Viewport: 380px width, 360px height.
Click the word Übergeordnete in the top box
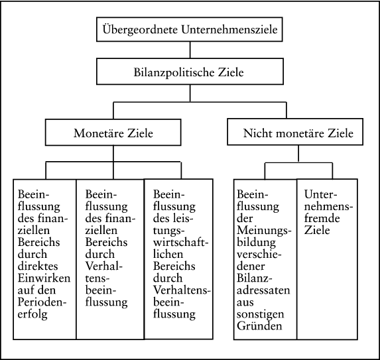140,30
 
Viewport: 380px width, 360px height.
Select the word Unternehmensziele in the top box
229,30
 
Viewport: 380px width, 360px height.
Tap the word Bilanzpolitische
174,72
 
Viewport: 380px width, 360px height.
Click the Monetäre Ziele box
113,133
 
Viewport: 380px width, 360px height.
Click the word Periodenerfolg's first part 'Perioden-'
42,302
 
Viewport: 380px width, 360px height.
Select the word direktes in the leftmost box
38,267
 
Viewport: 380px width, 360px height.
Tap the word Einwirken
44,278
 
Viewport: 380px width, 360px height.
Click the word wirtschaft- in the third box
180,242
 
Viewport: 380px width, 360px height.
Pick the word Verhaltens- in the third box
182,290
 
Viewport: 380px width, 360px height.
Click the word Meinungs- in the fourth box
264,230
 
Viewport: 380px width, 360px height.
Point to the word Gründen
259,326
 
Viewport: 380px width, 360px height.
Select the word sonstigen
260,314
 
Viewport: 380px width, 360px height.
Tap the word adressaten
263,290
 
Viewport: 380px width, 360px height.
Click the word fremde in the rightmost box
322,218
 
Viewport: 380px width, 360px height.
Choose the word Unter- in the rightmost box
320,194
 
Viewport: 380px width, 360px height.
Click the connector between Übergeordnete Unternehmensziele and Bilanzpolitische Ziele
190,50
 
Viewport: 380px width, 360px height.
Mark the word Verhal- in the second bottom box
103,267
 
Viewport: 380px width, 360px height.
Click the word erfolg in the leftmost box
32,314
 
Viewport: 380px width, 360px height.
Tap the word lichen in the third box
168,254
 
